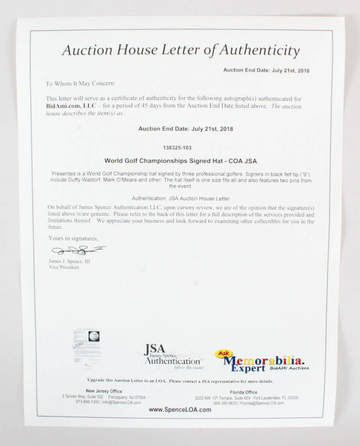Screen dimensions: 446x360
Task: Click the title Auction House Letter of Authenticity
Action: pos(181,50)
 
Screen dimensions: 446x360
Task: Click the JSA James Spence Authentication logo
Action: pos(172,356)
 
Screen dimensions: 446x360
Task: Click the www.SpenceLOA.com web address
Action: pos(180,410)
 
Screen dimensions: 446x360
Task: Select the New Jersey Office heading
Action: pos(104,391)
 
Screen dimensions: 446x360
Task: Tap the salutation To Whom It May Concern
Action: pos(80,84)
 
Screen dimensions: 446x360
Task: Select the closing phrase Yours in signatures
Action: pos(73,238)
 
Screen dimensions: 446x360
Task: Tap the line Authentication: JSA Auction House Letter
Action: pos(180,198)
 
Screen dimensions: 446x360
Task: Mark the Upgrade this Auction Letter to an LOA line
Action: pos(180,381)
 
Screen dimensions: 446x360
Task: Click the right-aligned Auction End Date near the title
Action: pos(266,70)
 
